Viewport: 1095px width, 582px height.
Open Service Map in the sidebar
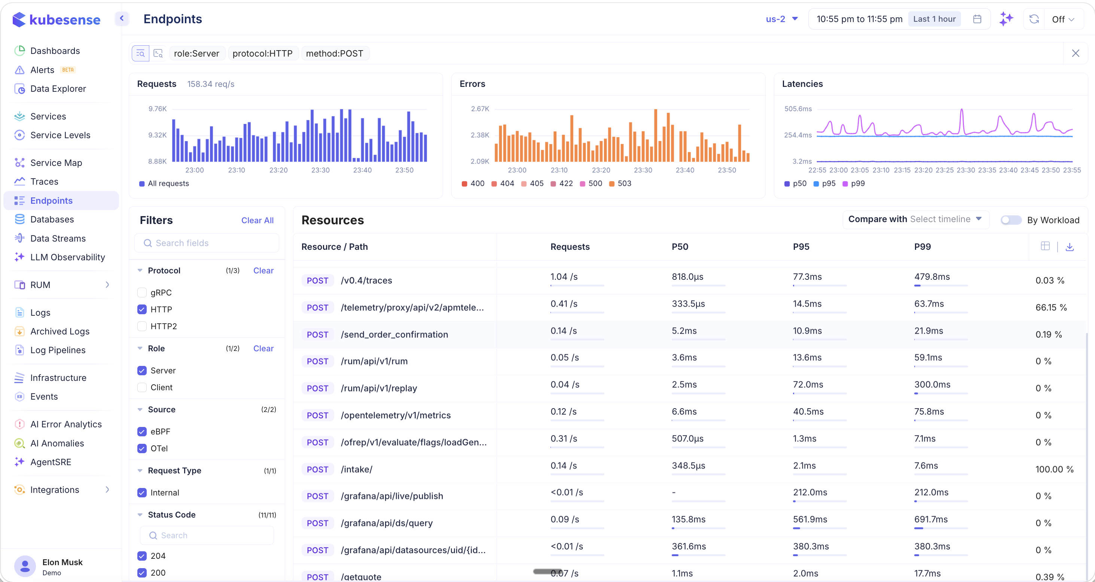point(56,163)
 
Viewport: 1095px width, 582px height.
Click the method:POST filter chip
point(335,53)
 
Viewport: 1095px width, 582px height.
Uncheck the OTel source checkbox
point(142,448)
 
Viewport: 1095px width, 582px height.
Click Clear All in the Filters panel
point(257,220)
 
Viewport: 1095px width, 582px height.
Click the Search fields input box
point(207,243)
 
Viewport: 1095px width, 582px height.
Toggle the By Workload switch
point(1010,220)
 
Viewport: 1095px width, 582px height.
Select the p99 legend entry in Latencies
point(854,184)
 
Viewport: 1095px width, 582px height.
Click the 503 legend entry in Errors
point(620,184)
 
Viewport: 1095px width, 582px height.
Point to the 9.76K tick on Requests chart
point(157,109)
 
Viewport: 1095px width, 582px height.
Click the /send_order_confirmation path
point(394,334)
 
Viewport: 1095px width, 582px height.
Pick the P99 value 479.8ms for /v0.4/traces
point(932,276)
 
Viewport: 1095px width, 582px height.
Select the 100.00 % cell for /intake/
point(1054,469)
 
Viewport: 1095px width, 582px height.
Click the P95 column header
point(801,247)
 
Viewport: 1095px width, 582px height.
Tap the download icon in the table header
point(1070,247)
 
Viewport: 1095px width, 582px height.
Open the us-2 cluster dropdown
point(782,19)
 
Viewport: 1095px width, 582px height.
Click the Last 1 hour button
point(934,19)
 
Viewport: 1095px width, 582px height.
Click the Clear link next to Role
point(263,348)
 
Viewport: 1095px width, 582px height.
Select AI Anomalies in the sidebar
point(57,443)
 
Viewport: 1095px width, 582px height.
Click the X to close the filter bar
point(1075,53)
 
